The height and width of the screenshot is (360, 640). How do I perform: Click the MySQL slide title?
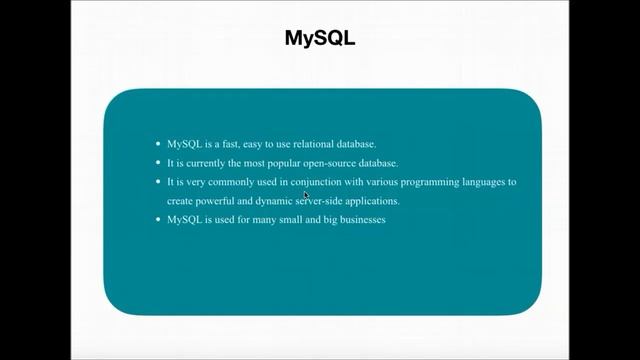320,39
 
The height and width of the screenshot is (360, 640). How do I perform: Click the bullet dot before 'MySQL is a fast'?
157,144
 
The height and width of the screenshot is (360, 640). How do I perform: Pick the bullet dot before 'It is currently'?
157,163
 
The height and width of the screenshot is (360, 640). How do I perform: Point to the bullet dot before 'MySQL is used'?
157,219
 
